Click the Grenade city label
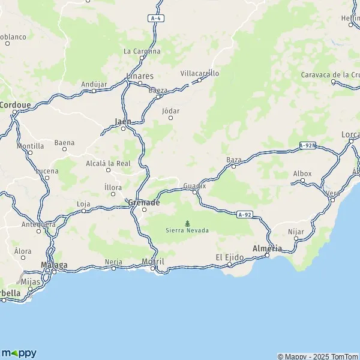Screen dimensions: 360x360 coord(144,203)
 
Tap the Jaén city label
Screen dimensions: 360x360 coord(123,121)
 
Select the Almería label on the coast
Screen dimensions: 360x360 coord(268,248)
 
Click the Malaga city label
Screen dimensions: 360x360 coord(54,265)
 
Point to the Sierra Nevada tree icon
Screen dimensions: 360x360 coord(187,223)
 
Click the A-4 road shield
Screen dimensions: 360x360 coord(156,19)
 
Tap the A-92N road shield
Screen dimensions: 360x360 coord(307,145)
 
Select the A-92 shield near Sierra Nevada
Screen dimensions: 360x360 coord(244,214)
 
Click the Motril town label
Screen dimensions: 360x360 coord(154,262)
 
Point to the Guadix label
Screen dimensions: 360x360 coord(195,185)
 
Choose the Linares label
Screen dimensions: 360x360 coord(140,76)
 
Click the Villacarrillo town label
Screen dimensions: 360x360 coord(200,73)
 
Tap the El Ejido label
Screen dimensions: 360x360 coord(229,257)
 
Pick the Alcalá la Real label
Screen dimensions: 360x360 coord(109,163)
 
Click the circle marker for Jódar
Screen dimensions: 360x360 coord(170,118)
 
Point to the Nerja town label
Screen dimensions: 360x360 coord(113,262)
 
